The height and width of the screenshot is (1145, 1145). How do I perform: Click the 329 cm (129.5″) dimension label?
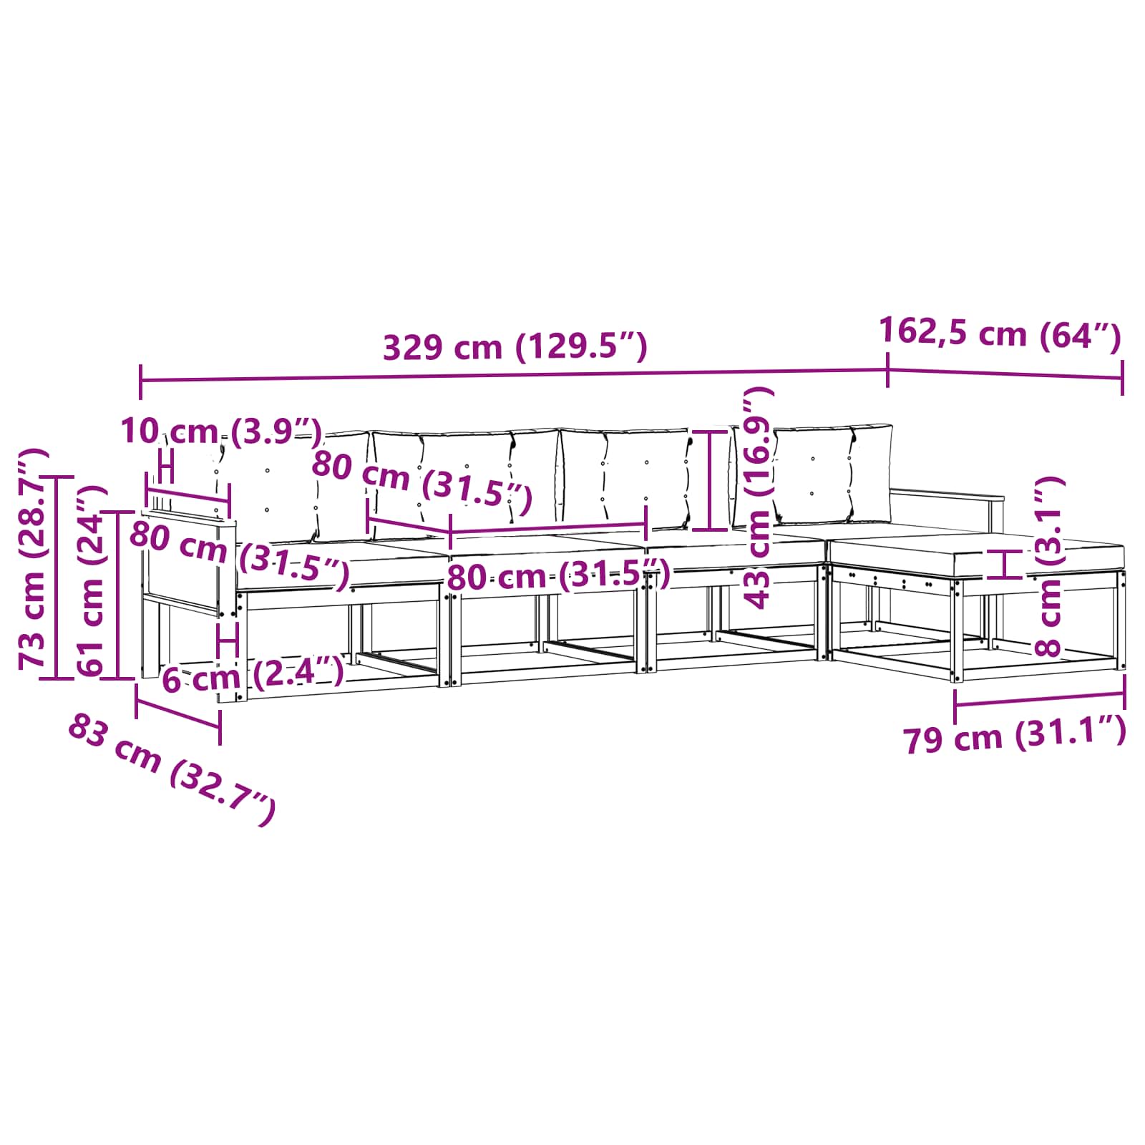coord(515,348)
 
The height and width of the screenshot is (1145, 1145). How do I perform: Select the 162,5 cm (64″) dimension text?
coord(999,333)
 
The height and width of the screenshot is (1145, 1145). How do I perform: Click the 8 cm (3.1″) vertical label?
coord(1048,567)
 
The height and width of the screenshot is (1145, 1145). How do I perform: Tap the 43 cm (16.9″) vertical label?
coord(759,497)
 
